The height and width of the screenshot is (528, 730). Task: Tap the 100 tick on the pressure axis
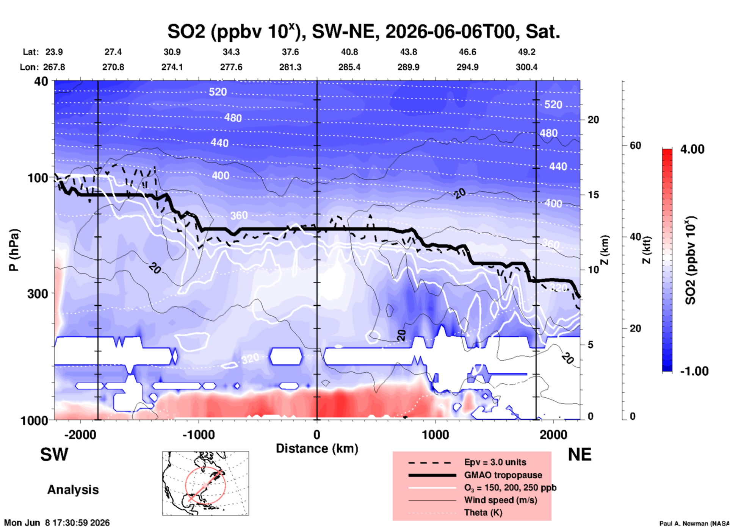(x=38, y=177)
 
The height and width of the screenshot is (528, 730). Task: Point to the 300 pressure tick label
(x=38, y=293)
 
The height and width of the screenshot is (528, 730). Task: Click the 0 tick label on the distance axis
(x=317, y=435)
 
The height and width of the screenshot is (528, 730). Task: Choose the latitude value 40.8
(x=349, y=52)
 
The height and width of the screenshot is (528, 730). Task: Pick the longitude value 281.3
(x=290, y=67)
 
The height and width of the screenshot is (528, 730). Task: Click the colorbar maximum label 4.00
(x=692, y=149)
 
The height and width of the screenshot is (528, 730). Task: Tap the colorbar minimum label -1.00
(x=694, y=371)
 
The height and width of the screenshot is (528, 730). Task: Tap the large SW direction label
(x=54, y=455)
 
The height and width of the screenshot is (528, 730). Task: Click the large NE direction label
(x=580, y=455)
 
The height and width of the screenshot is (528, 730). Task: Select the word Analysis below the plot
(x=73, y=490)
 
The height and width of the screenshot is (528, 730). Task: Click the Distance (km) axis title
(x=317, y=448)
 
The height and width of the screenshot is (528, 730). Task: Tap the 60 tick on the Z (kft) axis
(x=635, y=145)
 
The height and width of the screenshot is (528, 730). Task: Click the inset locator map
(x=205, y=483)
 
